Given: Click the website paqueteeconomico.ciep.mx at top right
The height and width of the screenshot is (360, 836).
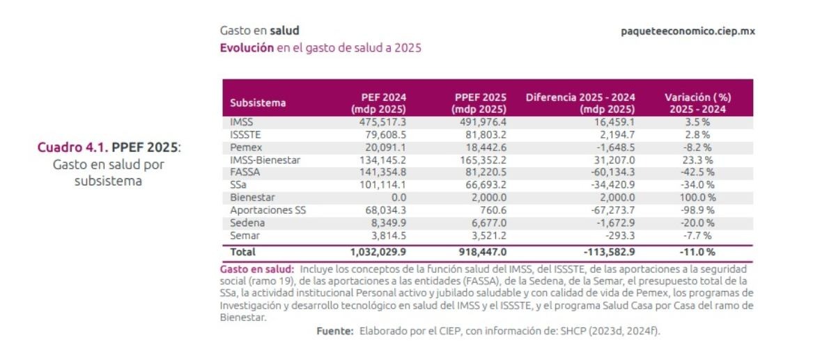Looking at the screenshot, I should click(x=688, y=31).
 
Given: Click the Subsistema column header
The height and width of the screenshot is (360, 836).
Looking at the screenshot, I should click(x=258, y=103).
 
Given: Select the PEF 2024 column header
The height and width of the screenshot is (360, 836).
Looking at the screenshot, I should click(x=380, y=102).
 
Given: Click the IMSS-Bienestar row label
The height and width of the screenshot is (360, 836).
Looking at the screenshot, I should click(x=265, y=159).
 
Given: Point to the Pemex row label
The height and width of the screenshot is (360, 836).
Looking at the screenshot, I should click(x=244, y=147).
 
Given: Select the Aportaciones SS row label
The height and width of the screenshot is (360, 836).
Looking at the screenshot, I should click(x=268, y=210).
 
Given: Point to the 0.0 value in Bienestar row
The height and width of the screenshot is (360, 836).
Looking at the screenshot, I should click(x=398, y=197).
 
